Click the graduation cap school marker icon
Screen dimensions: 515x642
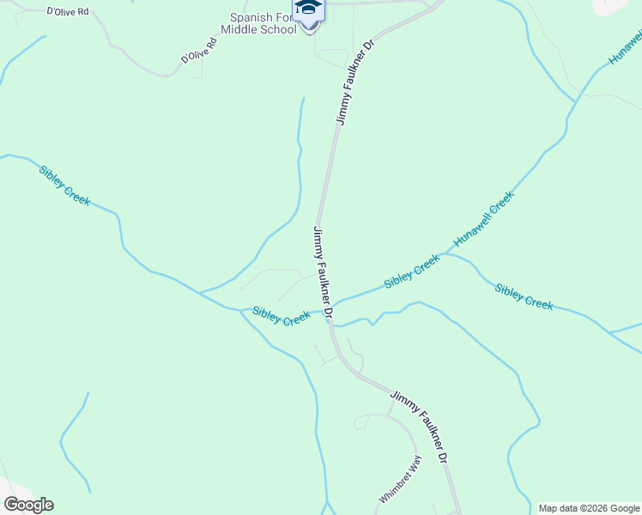point(309,9)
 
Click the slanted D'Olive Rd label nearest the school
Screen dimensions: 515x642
point(199,50)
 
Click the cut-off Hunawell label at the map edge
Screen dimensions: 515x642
point(626,46)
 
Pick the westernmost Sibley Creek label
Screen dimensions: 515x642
point(64,185)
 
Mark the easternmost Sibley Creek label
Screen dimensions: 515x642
point(524,296)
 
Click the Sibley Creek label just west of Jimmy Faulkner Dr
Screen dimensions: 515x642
point(281,315)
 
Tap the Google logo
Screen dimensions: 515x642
point(28,505)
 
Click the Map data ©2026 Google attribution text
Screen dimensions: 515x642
point(589,508)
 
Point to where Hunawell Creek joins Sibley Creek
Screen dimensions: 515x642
point(444,255)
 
